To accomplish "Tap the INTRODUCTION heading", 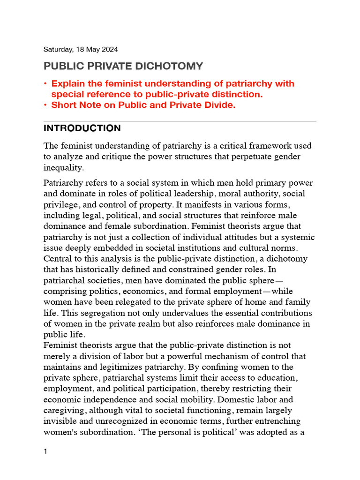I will tap(82, 128).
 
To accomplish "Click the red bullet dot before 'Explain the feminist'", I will tap(45, 84).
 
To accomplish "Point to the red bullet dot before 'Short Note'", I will tap(45, 105).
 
